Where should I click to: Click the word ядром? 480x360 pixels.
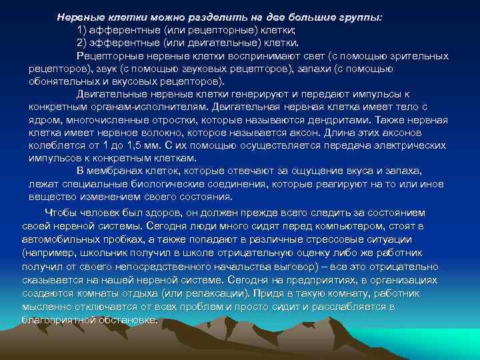[45, 120]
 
